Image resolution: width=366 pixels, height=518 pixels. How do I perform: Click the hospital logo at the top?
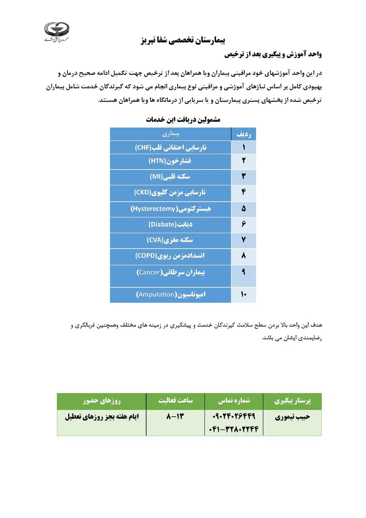57,32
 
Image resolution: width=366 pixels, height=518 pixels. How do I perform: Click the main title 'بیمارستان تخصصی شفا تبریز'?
183,40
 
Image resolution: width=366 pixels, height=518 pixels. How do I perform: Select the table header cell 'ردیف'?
243,134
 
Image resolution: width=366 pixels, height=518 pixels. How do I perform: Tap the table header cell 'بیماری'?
171,134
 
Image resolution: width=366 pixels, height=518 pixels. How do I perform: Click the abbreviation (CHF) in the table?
143,148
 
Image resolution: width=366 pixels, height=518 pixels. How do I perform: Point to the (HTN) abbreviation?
157,161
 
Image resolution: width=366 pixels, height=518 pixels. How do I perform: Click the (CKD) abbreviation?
143,192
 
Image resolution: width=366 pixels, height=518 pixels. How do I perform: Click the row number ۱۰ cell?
243,294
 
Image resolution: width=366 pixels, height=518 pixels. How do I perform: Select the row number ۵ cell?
243,209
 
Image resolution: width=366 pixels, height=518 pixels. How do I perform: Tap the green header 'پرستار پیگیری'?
292,401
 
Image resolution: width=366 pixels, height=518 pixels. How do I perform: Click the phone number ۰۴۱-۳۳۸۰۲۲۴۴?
234,429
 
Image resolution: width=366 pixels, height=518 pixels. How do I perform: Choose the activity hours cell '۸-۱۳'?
175,417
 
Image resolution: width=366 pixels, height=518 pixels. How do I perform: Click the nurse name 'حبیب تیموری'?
292,417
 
